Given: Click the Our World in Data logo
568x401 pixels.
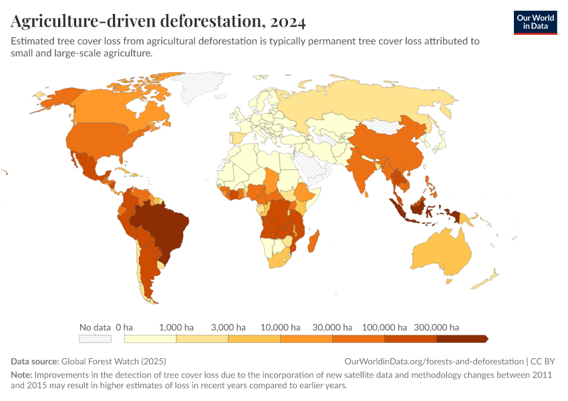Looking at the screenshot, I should (x=535, y=22).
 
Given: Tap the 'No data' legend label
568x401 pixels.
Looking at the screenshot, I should (x=95, y=327).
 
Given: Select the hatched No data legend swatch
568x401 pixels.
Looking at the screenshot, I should (x=95, y=339).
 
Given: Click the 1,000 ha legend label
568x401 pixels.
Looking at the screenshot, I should (x=176, y=327).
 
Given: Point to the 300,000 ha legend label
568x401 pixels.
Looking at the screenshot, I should (x=437, y=327).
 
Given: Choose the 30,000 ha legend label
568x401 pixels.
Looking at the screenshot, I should (x=332, y=327).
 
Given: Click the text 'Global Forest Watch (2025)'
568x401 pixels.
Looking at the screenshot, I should (x=116, y=360).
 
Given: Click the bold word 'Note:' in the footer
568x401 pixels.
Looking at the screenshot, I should (x=21, y=375).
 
